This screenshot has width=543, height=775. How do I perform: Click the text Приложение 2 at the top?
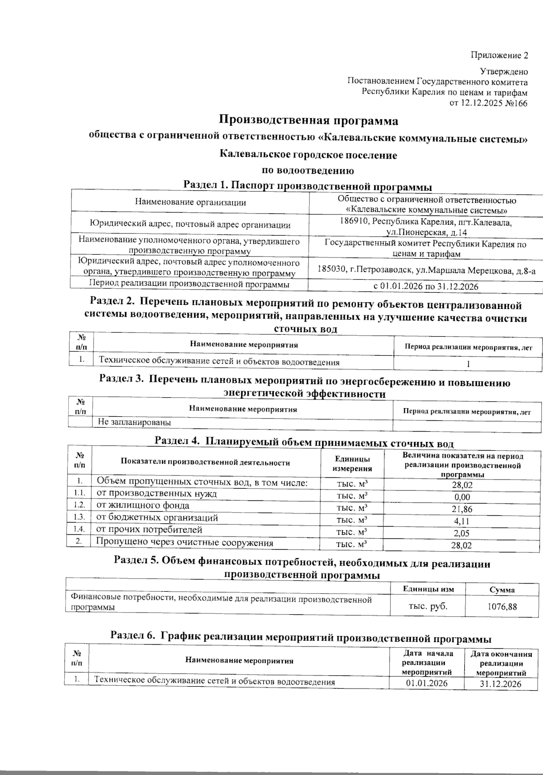click(x=499, y=56)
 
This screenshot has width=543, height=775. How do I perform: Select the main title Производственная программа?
click(x=309, y=121)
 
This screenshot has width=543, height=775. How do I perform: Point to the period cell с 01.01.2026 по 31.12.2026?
click(x=425, y=286)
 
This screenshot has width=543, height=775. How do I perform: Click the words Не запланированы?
click(x=134, y=423)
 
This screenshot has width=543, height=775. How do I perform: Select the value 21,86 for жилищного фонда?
click(x=462, y=509)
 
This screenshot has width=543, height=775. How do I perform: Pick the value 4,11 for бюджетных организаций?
click(x=462, y=521)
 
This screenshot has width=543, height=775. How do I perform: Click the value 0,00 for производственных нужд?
click(x=462, y=497)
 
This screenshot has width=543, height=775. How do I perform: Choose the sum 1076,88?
click(x=502, y=606)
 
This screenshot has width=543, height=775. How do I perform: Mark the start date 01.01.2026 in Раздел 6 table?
click(x=427, y=683)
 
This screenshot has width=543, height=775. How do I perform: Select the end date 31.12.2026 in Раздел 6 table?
click(x=500, y=683)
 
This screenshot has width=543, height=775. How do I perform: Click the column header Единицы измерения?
click(x=352, y=464)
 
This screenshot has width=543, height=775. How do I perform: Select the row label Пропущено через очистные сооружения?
click(x=185, y=542)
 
